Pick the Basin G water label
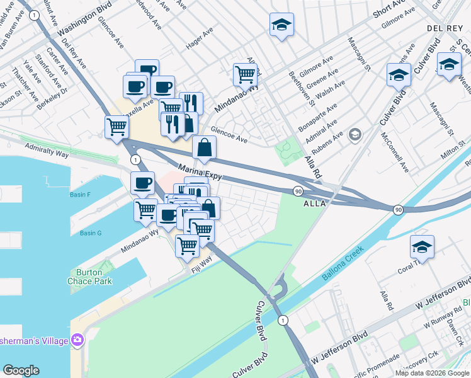[x=91, y=233]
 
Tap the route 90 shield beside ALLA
[x=298, y=191]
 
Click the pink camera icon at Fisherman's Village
[x=77, y=340]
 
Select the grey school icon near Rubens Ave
[x=355, y=135]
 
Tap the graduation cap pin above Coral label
[x=422, y=246]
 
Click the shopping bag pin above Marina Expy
[x=205, y=148]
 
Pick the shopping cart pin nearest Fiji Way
[x=187, y=245]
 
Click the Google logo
[x=21, y=370]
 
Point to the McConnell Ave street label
[x=395, y=150]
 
